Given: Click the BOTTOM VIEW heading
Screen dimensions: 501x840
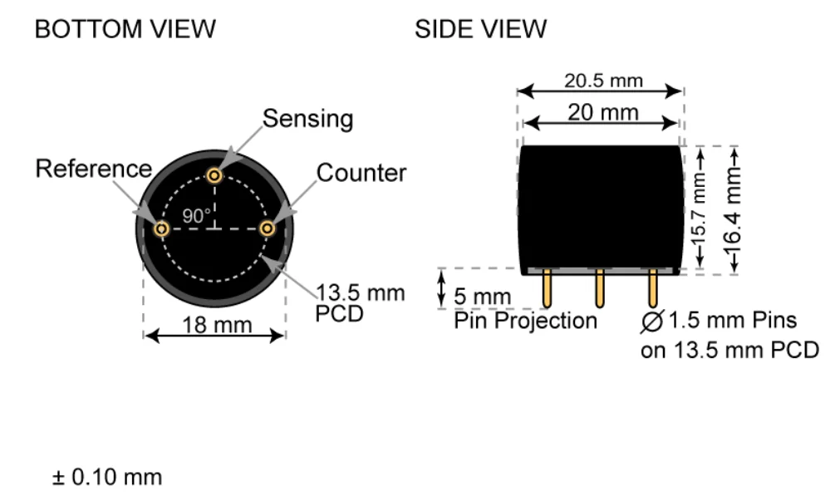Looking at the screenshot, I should click(125, 30).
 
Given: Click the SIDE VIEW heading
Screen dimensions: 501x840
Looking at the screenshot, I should click(480, 30).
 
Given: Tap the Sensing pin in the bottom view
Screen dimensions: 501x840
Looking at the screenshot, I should click(215, 175).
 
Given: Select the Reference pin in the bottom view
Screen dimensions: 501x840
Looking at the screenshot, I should click(163, 228).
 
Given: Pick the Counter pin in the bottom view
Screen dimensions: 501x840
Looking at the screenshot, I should click(267, 228).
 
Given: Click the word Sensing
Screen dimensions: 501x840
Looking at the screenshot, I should click(307, 119).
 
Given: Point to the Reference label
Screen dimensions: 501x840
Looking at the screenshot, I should click(93, 169).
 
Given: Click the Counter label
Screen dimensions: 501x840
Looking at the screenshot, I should click(361, 173).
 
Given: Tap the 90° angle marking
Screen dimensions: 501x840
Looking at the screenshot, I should click(197, 215).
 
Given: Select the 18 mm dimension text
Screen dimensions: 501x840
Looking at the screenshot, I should click(215, 325).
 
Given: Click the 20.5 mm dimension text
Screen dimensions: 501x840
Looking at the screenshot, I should click(603, 81).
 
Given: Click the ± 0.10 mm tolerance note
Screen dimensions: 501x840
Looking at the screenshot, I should click(107, 479).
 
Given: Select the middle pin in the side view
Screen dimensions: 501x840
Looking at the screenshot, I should click(599, 290).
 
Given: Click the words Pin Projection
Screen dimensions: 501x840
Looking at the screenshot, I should click(525, 321).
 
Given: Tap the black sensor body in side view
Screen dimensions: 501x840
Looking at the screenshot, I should click(600, 208).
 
